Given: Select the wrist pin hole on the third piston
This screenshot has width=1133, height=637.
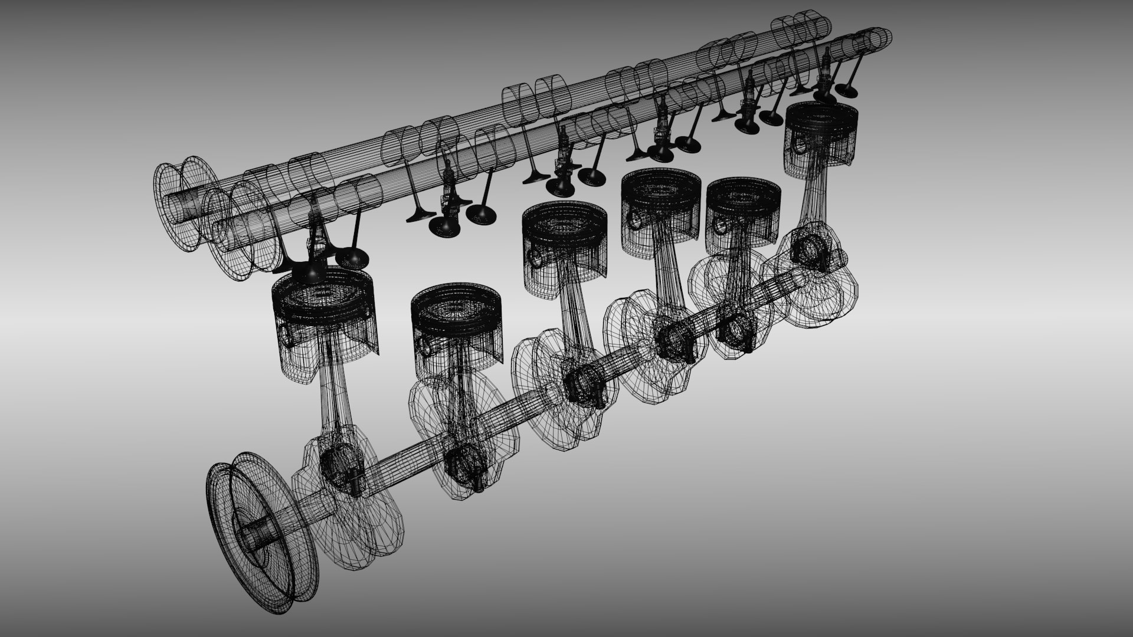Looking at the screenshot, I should click(535, 257).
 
